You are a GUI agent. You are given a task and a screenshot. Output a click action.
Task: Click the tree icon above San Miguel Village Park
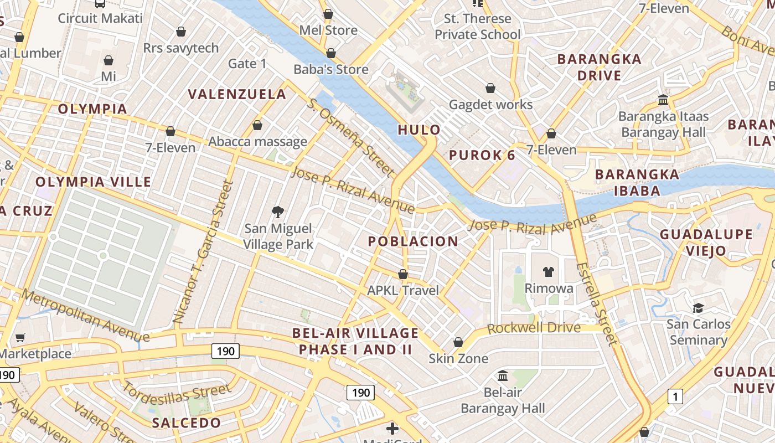coord(277,212)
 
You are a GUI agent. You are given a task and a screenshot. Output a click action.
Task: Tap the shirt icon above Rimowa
coord(548,271)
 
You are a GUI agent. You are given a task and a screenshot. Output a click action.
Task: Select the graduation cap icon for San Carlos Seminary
coord(698,307)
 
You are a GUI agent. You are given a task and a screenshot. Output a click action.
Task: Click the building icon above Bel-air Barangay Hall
coord(503,376)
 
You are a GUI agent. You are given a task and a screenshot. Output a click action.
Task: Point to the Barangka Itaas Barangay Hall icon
coord(663,100)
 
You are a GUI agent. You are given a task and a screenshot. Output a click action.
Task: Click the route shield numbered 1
coord(675,396)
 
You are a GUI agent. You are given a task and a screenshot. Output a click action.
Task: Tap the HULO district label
coord(420,130)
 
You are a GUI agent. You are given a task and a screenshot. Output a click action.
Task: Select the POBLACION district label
coord(413,241)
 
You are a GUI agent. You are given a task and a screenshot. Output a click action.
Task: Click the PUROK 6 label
coord(482,155)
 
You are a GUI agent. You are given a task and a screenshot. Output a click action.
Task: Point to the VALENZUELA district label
coord(237,95)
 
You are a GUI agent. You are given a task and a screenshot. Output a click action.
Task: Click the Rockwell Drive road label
coord(534,328)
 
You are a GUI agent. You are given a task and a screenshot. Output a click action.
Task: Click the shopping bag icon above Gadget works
coord(490,88)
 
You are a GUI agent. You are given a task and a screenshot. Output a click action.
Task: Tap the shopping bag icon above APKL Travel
coord(403,274)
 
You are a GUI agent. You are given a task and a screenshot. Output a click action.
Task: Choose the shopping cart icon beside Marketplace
coord(20,337)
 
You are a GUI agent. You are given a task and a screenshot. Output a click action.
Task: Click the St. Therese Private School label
coord(477,27)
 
